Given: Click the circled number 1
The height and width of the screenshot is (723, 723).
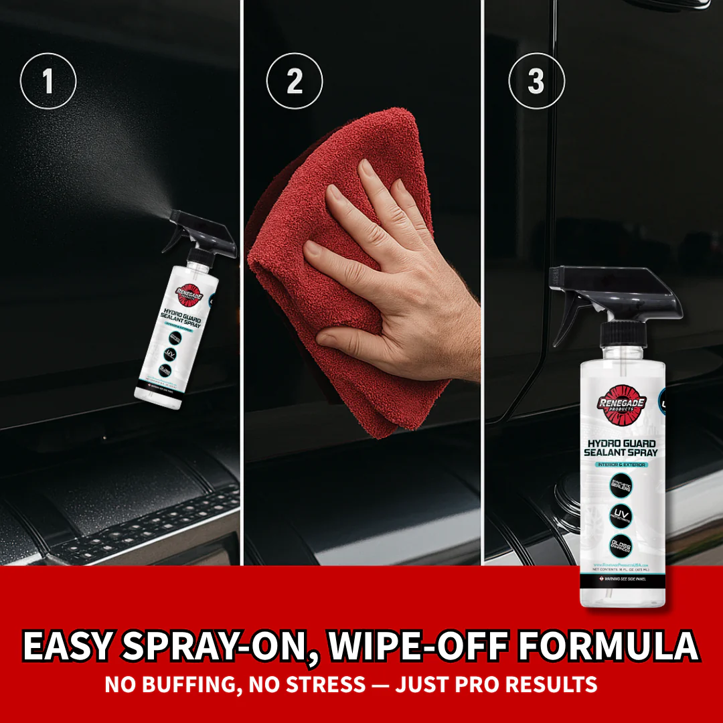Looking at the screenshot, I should [x=48, y=82].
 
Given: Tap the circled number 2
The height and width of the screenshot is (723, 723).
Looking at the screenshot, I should [x=295, y=82].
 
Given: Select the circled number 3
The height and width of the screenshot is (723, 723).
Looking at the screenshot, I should [x=536, y=82].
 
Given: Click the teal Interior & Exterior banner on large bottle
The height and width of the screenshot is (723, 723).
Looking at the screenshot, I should [x=621, y=464].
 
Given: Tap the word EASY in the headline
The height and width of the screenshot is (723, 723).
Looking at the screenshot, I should [x=68, y=646].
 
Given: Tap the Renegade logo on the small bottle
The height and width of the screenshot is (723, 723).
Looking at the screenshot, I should [x=189, y=291].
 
